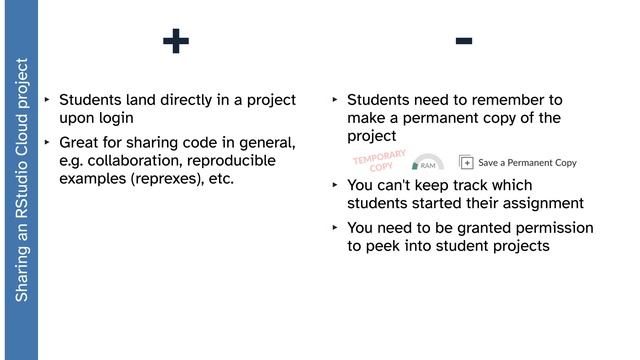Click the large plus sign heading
pos(175,41)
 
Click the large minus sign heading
pos(463,40)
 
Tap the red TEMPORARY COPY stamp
pos(380,161)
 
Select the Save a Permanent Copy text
pos(527,162)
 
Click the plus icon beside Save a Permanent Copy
pos(466,162)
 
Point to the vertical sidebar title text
pos(20,180)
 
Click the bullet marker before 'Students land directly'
pos(47,100)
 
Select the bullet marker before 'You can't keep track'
pos(335,185)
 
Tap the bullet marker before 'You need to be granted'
pos(335,228)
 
